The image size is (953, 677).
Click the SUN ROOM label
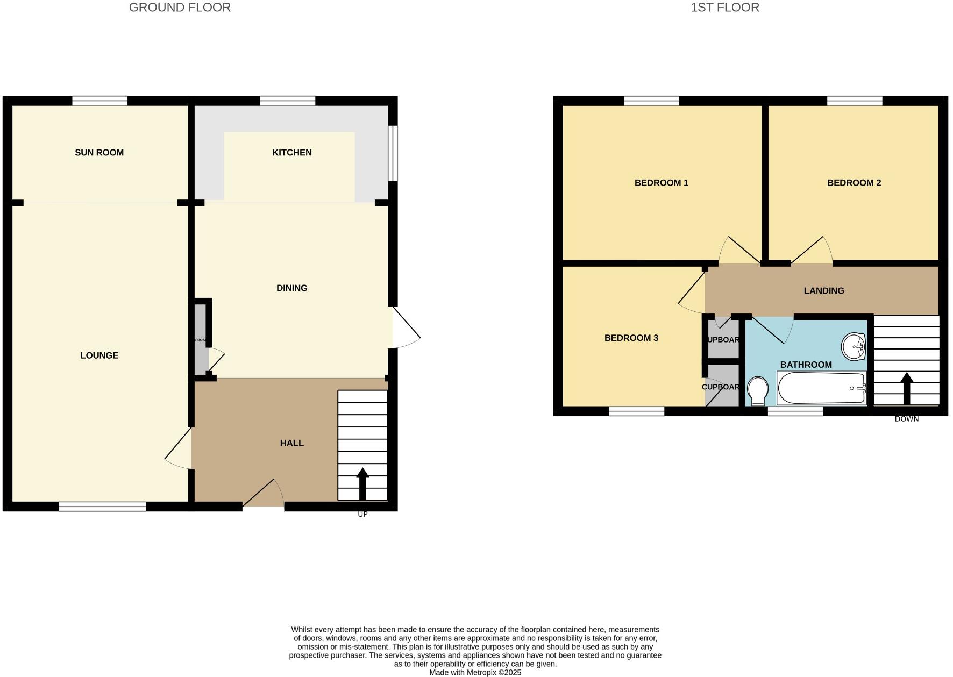[99, 153]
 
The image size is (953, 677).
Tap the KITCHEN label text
[291, 153]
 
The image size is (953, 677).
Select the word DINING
[291, 288]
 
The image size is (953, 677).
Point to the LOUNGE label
[99, 355]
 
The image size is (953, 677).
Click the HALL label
[291, 443]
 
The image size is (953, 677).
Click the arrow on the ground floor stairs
[362, 483]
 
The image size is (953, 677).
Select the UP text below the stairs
[362, 514]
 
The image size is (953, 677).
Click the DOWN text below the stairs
[907, 419]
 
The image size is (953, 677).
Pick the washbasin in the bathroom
[854, 346]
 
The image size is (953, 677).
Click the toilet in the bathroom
[758, 390]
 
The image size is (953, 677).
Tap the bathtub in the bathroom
[821, 388]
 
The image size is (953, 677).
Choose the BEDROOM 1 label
[661, 183]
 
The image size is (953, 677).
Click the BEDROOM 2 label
[854, 183]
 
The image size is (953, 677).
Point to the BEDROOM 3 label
[631, 338]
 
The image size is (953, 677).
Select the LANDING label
[823, 291]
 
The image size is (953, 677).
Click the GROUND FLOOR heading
[180, 8]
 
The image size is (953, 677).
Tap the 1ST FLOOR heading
[724, 8]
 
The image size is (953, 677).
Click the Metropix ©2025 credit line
[475, 672]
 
